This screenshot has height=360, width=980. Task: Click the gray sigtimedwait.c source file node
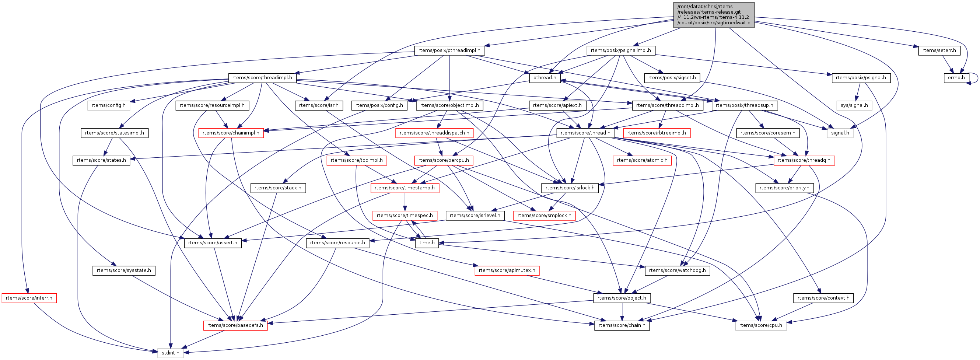point(713,15)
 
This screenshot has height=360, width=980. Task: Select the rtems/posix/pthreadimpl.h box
point(449,50)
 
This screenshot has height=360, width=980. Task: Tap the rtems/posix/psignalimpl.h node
point(621,50)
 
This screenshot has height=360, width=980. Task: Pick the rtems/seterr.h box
point(939,50)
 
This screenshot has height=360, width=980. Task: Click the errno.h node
point(956,78)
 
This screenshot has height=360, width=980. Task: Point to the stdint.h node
point(171,353)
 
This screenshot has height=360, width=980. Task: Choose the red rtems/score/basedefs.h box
point(235,325)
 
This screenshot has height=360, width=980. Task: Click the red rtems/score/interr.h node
point(29,298)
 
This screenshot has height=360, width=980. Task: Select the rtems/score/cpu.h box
point(760,325)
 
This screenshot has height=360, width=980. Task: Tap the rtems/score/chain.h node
point(622,325)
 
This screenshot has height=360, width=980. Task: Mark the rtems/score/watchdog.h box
point(677,270)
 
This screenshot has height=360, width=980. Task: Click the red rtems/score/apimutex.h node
point(507,270)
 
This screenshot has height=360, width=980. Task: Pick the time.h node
point(427,243)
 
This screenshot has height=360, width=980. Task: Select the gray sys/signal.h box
point(854,105)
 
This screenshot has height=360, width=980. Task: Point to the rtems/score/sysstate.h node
point(124,270)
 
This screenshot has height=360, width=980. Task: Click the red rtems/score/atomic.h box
point(642,160)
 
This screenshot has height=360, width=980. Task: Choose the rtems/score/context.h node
point(823,298)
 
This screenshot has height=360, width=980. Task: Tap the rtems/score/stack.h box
point(278,188)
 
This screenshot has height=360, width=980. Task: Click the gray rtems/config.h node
point(108,105)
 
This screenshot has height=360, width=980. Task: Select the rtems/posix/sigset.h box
point(672,78)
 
